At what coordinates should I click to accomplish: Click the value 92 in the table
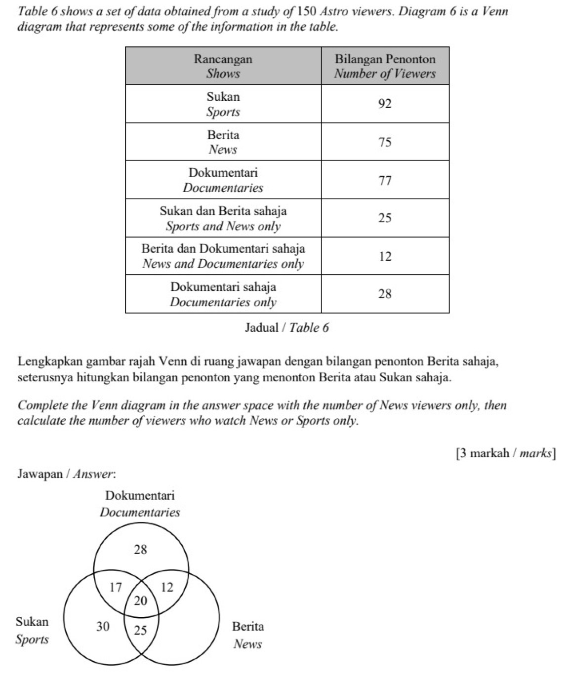coord(385,104)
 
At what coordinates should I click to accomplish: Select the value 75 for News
coord(385,142)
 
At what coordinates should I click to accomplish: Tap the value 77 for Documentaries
coord(385,180)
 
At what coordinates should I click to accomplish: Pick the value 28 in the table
coord(385,294)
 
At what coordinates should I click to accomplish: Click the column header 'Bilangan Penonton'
coord(385,60)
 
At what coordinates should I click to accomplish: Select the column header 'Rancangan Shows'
coord(223,66)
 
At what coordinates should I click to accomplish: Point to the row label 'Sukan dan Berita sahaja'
coord(223,211)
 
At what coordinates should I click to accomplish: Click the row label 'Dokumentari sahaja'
coord(223,287)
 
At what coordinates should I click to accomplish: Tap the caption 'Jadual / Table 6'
coord(286,327)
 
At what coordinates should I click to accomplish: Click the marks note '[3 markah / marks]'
coord(506,453)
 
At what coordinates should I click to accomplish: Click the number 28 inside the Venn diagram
coord(141,550)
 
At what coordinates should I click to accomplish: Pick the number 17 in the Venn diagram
coord(115,588)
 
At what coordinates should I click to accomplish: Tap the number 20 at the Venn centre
coord(141,601)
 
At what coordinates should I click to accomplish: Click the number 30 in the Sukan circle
coord(103,627)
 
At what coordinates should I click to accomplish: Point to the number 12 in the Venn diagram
coord(167,588)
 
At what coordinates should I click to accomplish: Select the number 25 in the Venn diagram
coord(141,630)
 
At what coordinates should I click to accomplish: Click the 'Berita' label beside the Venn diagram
coord(248,627)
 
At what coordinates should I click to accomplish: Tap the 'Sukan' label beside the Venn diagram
coord(33,622)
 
